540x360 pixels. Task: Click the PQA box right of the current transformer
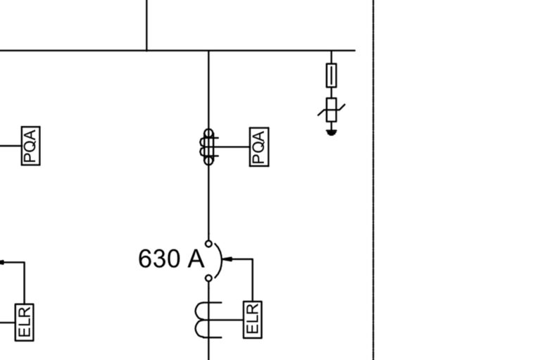point(259,147)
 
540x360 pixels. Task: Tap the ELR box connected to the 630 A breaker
point(253,319)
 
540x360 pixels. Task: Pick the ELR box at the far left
point(25,322)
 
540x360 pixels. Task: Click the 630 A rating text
point(171,259)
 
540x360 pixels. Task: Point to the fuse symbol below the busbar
point(332,74)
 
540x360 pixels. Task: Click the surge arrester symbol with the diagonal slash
point(332,109)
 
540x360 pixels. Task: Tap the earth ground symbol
point(332,132)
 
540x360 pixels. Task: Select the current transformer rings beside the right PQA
point(208,147)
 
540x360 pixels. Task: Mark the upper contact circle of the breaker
point(208,243)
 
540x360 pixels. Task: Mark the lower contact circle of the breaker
point(208,278)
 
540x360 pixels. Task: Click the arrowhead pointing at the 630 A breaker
point(227,260)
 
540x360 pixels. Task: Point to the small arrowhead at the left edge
point(2,262)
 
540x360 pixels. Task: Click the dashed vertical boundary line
point(373,211)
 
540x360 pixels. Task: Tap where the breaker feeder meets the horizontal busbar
point(208,51)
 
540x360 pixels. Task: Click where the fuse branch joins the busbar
point(332,51)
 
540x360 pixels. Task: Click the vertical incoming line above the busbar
point(146,25)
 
